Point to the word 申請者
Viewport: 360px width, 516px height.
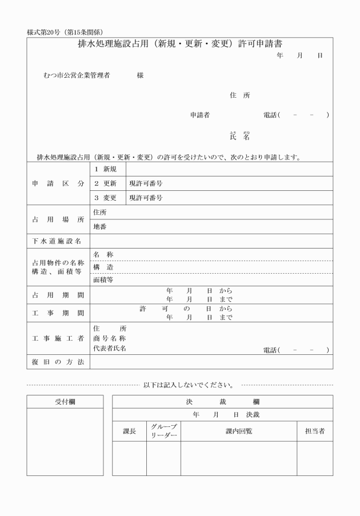click(200, 115)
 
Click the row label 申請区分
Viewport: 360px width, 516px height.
click(58, 183)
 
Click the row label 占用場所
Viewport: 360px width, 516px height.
click(58, 219)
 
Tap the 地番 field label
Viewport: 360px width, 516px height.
click(99, 226)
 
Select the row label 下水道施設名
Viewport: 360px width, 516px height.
click(58, 241)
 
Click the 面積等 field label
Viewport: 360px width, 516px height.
click(103, 280)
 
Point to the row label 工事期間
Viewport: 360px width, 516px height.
click(58, 313)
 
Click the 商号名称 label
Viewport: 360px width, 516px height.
click(109, 338)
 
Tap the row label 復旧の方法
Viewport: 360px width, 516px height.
click(58, 362)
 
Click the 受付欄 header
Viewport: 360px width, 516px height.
click(65, 402)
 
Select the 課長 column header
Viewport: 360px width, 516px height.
click(130, 431)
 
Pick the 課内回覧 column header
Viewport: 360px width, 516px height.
click(239, 431)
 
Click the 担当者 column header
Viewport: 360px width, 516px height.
click(315, 431)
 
